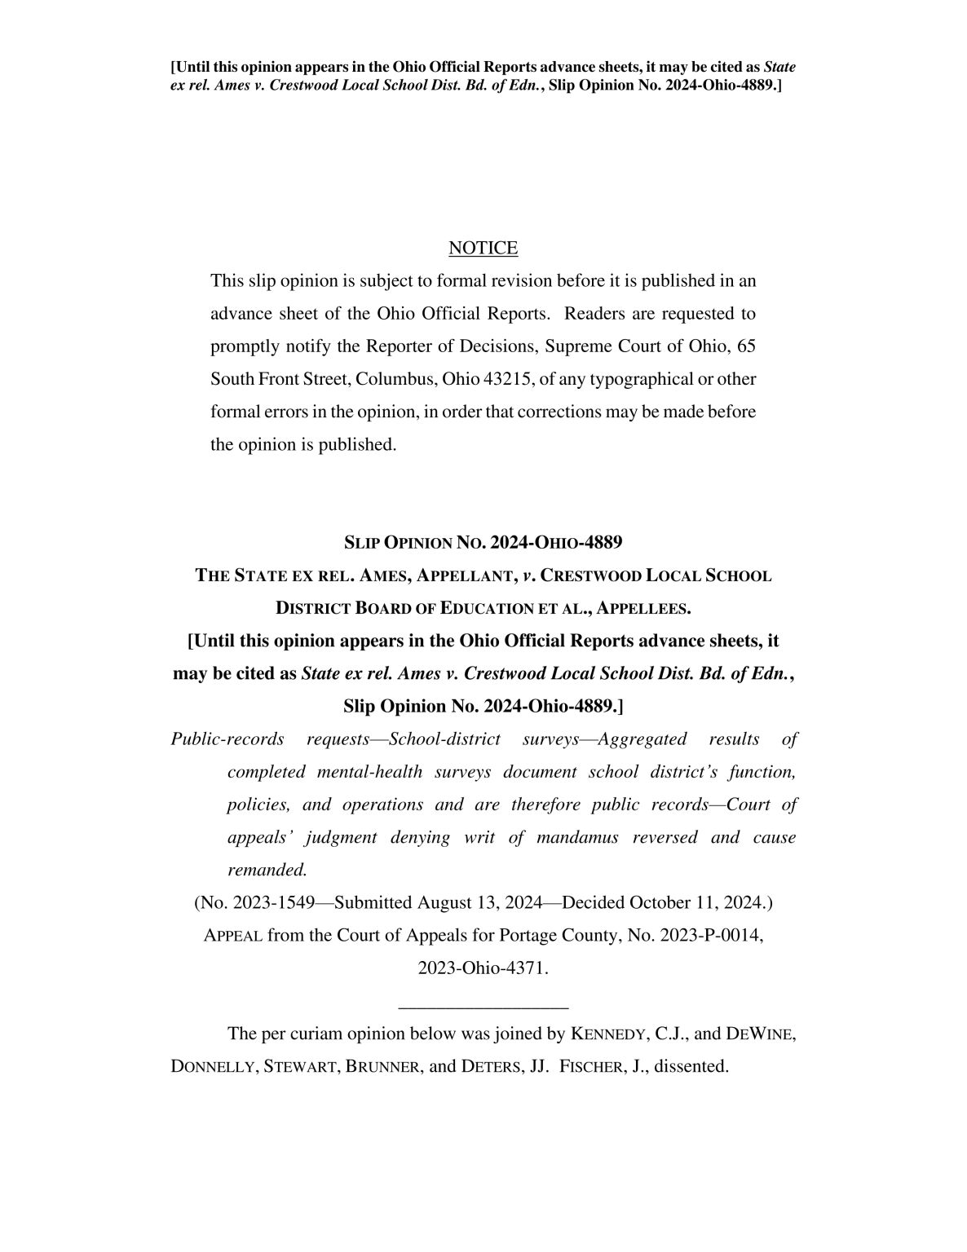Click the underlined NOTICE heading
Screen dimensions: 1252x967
click(483, 248)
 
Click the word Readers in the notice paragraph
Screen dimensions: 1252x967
click(598, 314)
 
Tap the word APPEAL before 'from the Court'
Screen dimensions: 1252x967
click(233, 936)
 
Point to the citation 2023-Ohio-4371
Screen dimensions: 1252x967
click(483, 968)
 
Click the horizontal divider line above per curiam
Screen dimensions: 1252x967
click(483, 1008)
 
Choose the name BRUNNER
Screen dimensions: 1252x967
click(384, 1067)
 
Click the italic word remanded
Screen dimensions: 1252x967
click(267, 871)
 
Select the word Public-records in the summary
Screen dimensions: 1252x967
click(227, 739)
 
